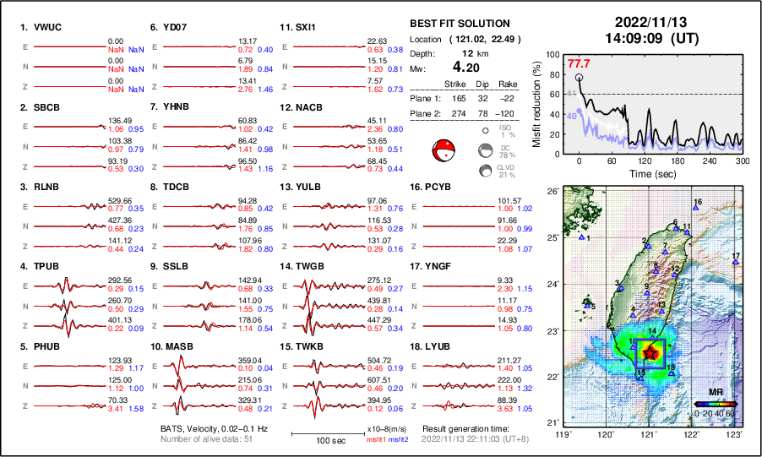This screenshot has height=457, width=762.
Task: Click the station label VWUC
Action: point(44,27)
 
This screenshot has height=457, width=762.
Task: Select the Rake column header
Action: point(507,84)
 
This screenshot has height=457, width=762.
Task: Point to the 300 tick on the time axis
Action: point(742,160)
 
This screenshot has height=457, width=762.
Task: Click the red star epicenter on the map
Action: point(650,351)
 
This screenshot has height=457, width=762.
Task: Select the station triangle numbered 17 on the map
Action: point(736,263)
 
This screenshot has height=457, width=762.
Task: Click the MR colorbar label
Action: point(714,393)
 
